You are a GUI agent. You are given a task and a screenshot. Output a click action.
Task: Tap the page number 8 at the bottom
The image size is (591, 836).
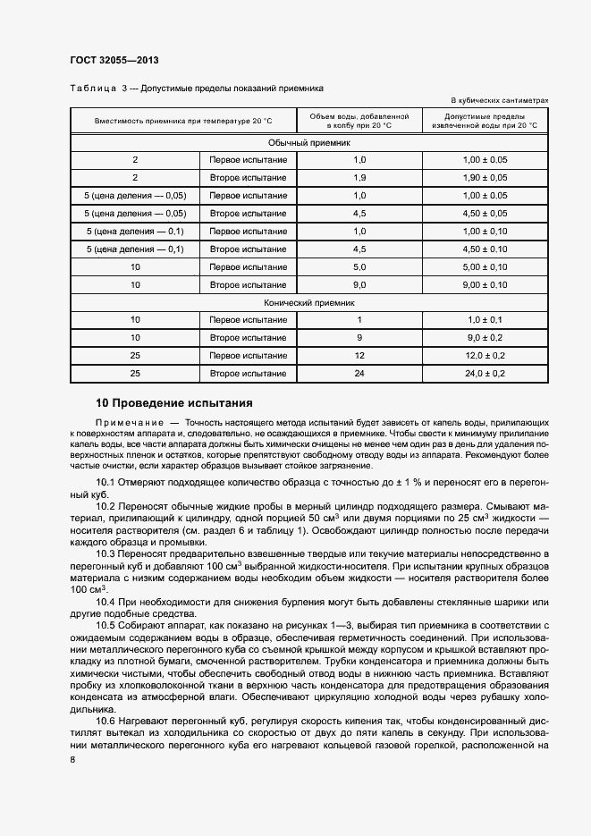[x=72, y=758]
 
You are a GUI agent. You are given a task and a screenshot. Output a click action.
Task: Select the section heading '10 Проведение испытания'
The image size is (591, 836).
[x=174, y=403]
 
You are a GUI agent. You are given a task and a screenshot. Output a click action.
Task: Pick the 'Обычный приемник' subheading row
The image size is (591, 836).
[x=308, y=142]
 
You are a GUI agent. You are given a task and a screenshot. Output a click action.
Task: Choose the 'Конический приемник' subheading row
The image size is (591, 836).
[x=308, y=303]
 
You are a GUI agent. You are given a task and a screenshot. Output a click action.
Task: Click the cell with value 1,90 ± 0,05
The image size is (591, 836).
[x=485, y=178]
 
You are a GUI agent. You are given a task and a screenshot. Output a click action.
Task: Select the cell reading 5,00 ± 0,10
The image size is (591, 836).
[x=485, y=267]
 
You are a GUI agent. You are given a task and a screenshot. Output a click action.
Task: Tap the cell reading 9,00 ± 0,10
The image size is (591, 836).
[x=485, y=285]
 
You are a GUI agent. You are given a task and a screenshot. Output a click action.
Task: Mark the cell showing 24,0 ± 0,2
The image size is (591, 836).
[x=485, y=373]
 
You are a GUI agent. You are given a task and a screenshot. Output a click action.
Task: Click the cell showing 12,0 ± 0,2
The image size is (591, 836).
[x=485, y=355]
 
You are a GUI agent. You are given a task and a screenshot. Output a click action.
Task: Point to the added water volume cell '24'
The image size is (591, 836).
[x=359, y=373]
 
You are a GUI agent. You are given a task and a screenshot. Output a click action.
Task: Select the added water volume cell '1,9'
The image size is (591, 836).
[x=359, y=178]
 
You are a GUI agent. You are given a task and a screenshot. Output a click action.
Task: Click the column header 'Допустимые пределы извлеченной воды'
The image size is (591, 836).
[x=485, y=121]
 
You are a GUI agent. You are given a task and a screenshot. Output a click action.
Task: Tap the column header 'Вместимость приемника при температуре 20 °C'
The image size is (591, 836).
[x=183, y=121]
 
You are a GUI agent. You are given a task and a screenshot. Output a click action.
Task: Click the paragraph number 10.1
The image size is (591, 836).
[x=106, y=484]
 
